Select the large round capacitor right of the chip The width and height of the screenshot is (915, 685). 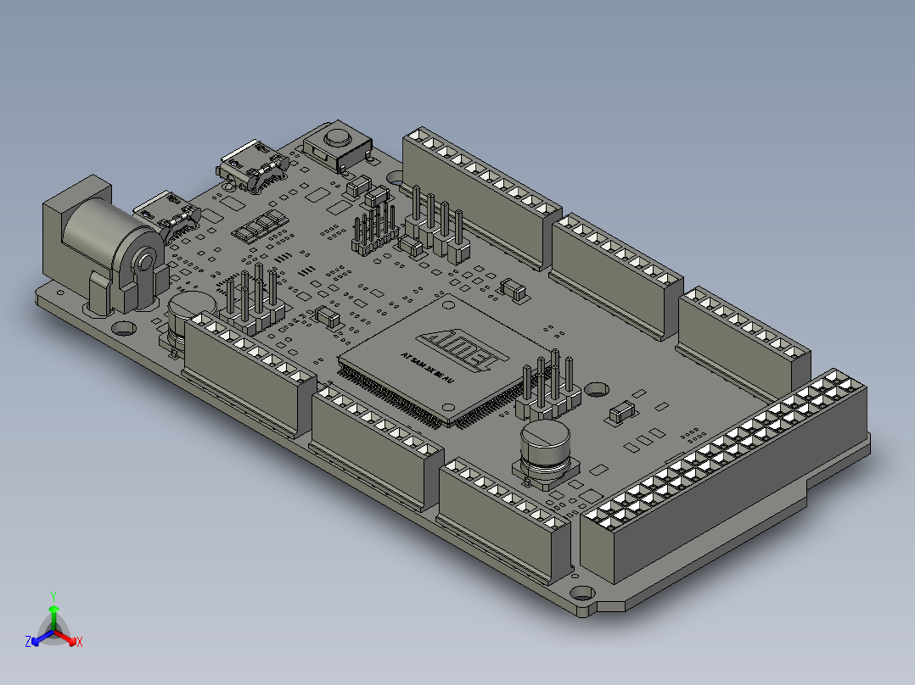click(544, 449)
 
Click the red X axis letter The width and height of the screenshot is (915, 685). click(79, 642)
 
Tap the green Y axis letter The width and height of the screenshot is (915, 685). click(53, 596)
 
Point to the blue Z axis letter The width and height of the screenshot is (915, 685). click(28, 642)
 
